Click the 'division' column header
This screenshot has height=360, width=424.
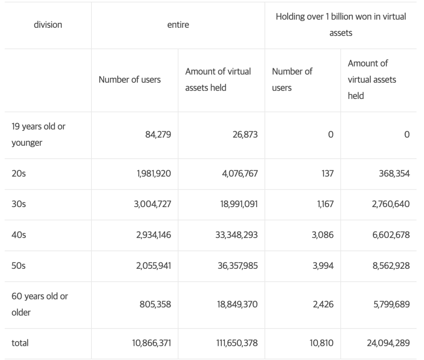[48, 25]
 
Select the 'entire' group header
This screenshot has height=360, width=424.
[178, 25]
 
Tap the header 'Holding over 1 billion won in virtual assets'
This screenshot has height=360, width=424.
[341, 25]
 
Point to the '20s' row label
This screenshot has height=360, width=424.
[19, 174]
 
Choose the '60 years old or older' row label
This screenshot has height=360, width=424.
[40, 304]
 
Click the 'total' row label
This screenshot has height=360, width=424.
[20, 343]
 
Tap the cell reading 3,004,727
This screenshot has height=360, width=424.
[152, 204]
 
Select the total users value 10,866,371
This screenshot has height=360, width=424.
[151, 343]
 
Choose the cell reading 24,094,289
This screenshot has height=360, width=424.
[388, 343]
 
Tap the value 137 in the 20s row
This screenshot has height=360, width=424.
[327, 174]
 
